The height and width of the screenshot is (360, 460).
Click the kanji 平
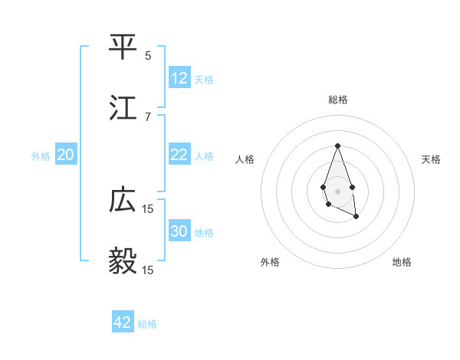(123, 47)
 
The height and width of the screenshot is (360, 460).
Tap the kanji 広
(123, 200)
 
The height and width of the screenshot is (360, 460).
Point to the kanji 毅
(123, 261)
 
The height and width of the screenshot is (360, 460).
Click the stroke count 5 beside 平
(148, 56)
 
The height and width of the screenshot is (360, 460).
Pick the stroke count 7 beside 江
(148, 116)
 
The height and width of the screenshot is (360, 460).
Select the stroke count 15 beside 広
(148, 208)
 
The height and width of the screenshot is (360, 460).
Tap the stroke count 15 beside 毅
(148, 270)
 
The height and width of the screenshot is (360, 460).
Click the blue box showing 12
(179, 78)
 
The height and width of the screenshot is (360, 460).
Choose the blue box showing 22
(179, 155)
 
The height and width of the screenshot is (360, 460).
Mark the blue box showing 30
(179, 231)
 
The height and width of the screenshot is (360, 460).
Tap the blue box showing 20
(66, 155)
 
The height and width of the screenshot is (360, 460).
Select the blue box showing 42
(123, 322)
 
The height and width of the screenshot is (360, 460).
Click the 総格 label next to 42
(147, 324)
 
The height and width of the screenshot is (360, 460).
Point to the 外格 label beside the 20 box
(41, 156)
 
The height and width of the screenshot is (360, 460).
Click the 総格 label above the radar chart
(337, 100)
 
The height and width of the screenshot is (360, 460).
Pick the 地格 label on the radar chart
(402, 262)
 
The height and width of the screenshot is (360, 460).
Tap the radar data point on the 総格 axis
(337, 146)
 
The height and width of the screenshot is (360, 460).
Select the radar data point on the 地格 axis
(356, 217)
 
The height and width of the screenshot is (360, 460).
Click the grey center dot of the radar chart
(337, 190)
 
